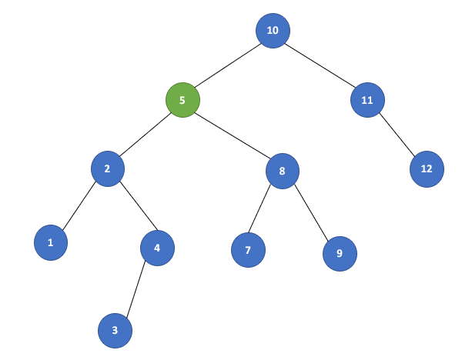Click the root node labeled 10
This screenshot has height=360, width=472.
273,31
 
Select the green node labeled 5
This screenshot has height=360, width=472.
182,100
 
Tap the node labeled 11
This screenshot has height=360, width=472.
367,100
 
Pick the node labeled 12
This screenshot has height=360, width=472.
427,168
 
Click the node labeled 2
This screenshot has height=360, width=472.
108,169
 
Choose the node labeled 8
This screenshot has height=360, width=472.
283,171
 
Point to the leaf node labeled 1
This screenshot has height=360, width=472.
51,243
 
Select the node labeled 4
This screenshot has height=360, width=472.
157,248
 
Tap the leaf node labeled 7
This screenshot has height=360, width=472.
248,250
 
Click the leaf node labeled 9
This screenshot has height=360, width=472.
340,252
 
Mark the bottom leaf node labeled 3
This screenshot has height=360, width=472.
115,331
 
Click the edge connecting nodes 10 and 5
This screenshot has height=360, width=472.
228,65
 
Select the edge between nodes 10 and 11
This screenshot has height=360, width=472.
320,65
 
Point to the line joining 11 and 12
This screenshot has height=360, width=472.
397,134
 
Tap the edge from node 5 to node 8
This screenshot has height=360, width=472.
233,135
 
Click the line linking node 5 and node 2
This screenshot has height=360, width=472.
145,135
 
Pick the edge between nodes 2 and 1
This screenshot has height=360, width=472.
79,206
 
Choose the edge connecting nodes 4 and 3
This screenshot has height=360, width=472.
136,289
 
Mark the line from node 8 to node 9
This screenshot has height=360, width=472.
311,212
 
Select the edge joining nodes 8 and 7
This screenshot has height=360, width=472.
266,210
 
